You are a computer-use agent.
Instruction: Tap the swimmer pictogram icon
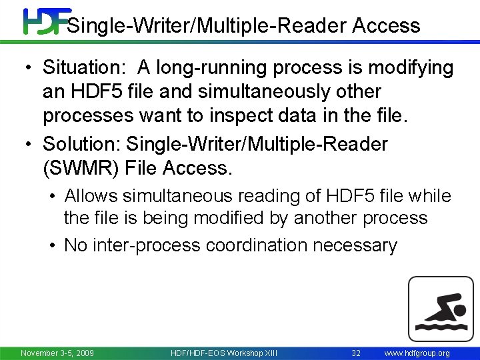coord(440,309)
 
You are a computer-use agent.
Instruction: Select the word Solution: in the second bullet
coord(82,144)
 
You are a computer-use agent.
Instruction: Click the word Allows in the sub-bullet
coord(92,196)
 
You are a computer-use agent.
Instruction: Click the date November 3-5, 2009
coord(57,353)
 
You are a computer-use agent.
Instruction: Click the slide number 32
coord(356,353)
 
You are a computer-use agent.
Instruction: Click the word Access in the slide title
coord(387,26)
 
